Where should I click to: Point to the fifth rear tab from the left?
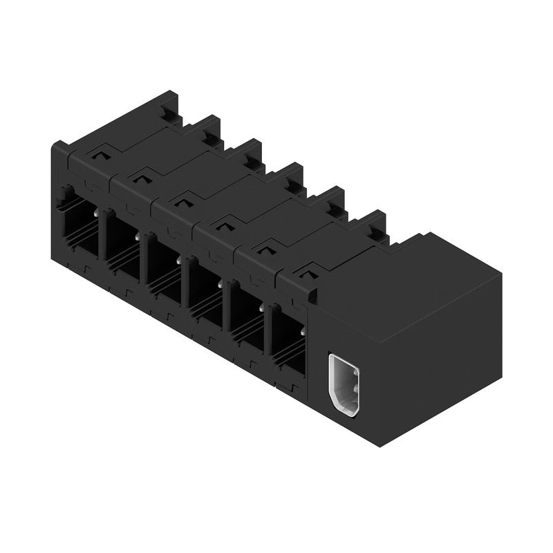[x=335, y=200]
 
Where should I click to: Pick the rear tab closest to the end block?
[x=375, y=224]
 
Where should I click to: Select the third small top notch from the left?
[x=183, y=201]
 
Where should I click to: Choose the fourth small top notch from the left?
[x=225, y=224]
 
